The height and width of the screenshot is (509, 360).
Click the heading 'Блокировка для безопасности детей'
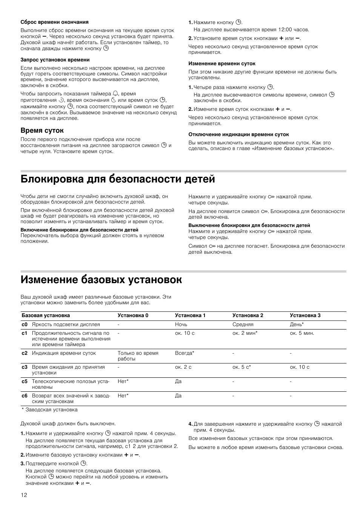(118, 179)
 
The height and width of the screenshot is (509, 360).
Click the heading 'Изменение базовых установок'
(102, 280)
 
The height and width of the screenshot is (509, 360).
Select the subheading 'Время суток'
(42, 130)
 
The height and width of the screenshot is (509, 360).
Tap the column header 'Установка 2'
(248, 316)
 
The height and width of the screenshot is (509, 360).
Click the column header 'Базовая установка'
(46, 316)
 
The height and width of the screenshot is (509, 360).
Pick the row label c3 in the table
(25, 367)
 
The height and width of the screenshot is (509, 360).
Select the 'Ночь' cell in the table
(181, 325)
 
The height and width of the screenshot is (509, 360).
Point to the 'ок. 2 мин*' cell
(245, 333)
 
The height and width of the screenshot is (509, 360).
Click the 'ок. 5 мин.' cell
(302, 333)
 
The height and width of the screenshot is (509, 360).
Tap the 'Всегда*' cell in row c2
(185, 353)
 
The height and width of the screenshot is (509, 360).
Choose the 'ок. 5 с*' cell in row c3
(242, 367)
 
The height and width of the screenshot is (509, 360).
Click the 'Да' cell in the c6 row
(178, 396)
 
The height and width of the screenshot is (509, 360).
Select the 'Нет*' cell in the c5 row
(123, 382)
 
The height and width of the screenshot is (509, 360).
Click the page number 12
(24, 495)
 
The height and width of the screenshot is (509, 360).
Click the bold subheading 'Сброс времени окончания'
(55, 22)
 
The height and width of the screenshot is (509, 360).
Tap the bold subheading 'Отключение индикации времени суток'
(238, 134)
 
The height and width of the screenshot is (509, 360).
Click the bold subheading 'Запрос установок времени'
(55, 60)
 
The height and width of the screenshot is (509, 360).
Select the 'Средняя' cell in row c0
(243, 325)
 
